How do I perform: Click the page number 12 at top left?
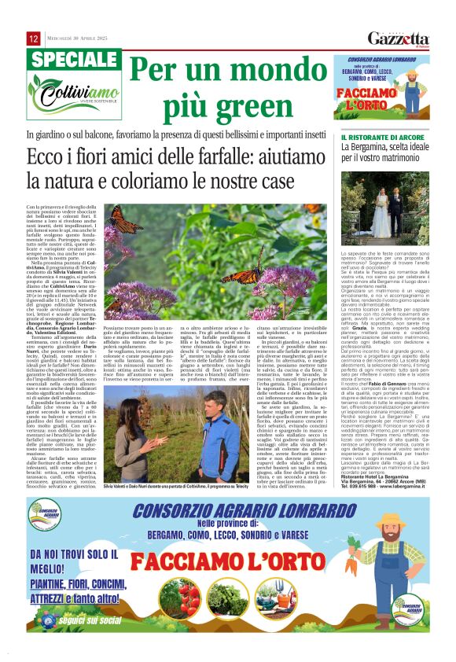click(x=33, y=39)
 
